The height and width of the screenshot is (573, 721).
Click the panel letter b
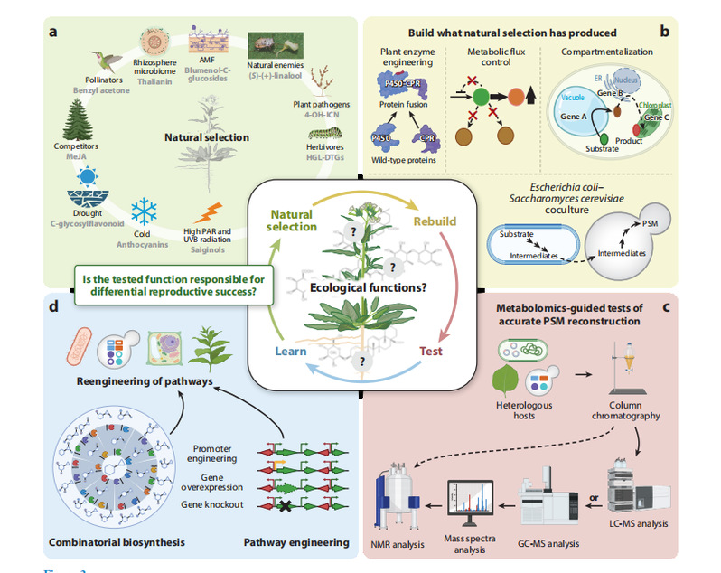(664, 33)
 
